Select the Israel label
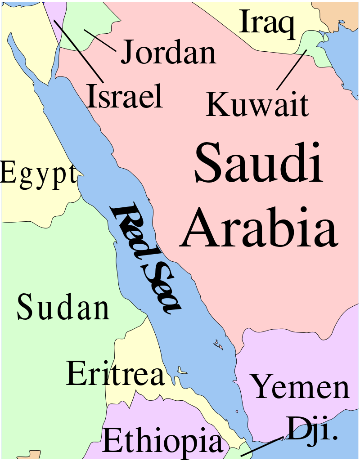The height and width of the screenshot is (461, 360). point(125,96)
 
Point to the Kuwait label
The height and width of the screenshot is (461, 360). point(257,104)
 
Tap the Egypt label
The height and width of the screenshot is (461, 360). point(38,173)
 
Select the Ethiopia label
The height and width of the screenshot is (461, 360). point(162,441)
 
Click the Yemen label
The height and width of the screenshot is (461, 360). point(300,387)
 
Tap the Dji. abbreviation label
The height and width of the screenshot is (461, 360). point(312,429)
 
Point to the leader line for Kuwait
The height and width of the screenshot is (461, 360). point(291,70)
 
